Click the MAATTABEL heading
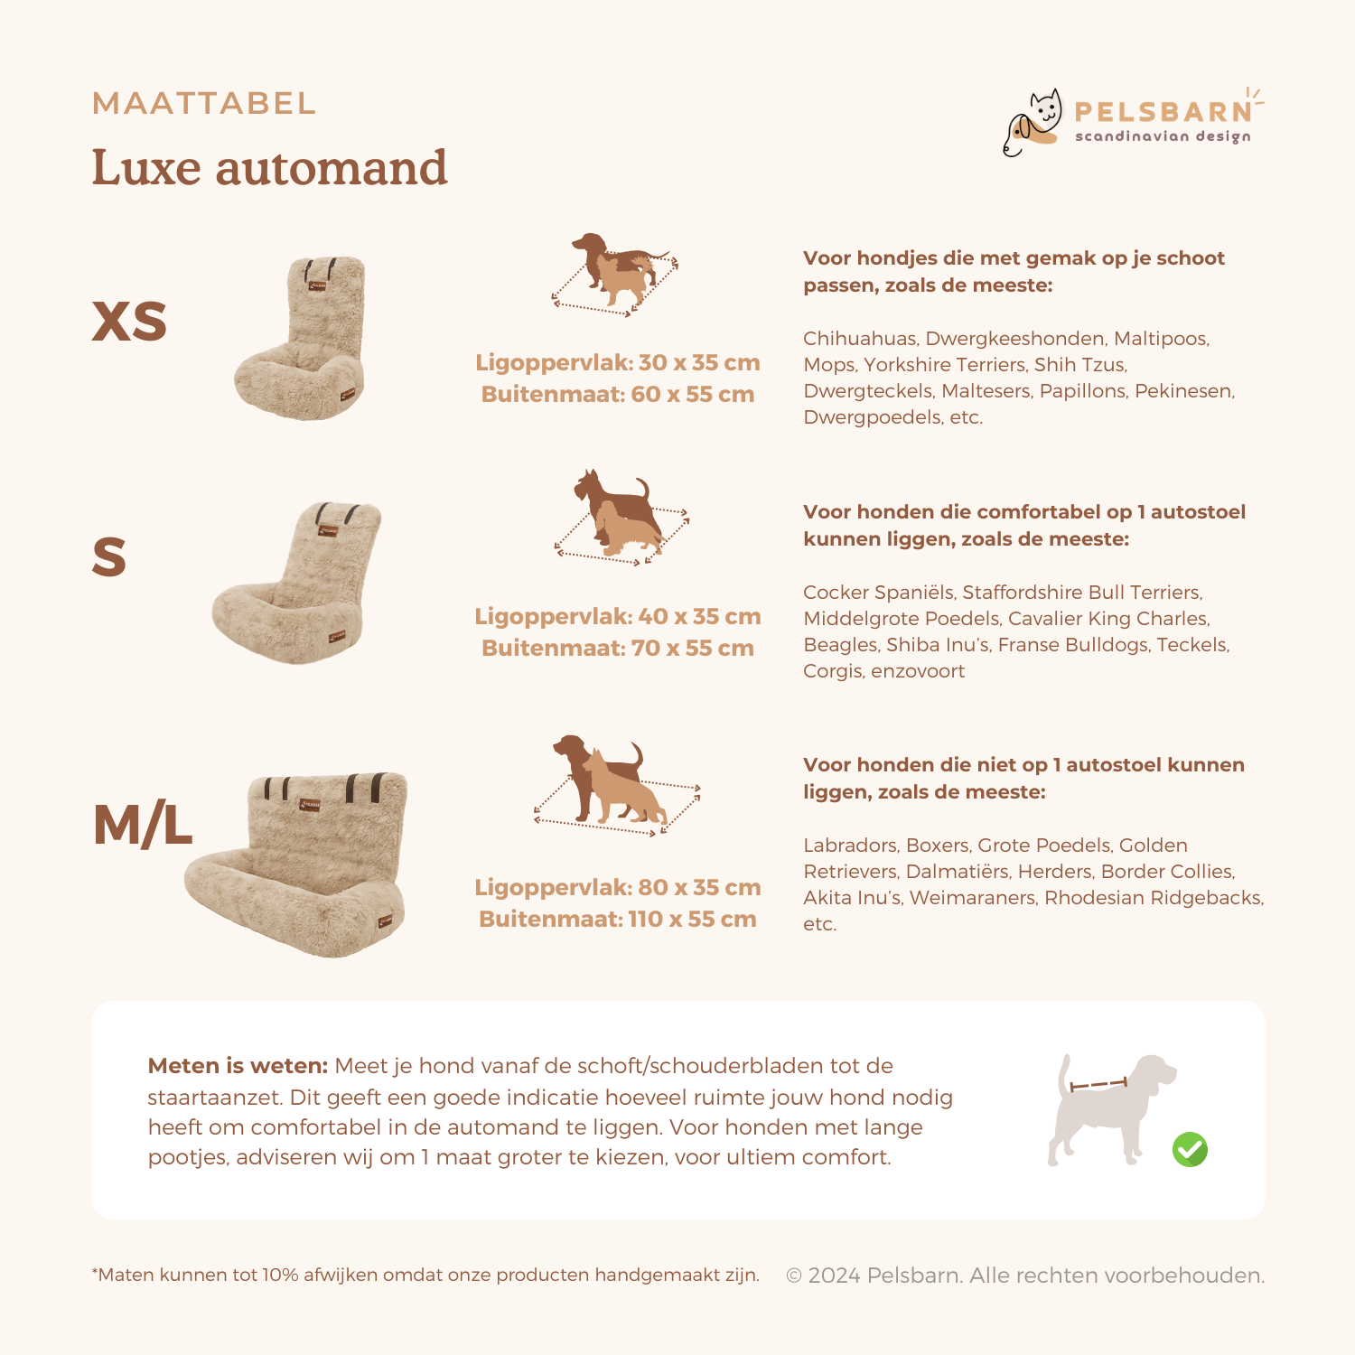(x=204, y=103)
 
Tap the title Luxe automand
(x=269, y=168)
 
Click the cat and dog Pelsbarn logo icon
(x=1033, y=123)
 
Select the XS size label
(x=129, y=321)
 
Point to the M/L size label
(x=143, y=825)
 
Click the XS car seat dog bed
(x=300, y=338)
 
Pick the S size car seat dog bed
(x=297, y=583)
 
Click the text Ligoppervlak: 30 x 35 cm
(x=618, y=363)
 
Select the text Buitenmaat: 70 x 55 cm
(x=618, y=649)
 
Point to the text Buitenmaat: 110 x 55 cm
(x=618, y=920)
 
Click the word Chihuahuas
(x=860, y=339)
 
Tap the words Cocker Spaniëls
(x=878, y=593)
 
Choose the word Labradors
(x=850, y=846)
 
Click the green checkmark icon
(x=1190, y=1150)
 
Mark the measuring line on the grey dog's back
(x=1098, y=1084)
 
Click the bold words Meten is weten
(x=238, y=1066)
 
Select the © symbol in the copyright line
(x=794, y=1276)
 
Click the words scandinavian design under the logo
(x=1163, y=136)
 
